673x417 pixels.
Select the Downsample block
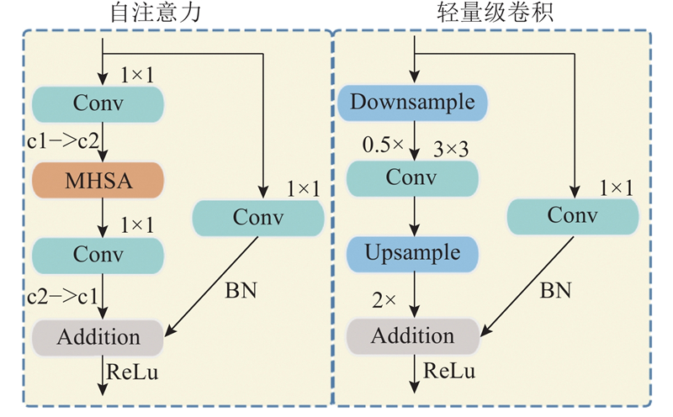(411, 103)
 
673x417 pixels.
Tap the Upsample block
(411, 252)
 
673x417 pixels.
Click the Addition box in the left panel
(98, 337)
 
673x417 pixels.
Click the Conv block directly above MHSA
(98, 103)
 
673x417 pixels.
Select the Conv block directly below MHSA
(98, 253)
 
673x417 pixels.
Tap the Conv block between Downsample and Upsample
(411, 178)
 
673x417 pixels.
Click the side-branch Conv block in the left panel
(258, 218)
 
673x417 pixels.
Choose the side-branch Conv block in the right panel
(572, 216)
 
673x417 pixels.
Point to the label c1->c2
(62, 140)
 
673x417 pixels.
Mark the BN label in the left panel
(241, 291)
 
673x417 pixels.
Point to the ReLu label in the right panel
(449, 371)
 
